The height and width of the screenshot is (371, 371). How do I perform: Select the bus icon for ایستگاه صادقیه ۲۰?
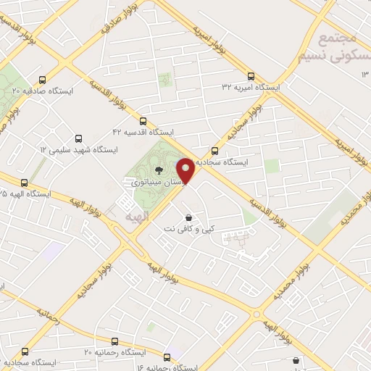pos(43,80)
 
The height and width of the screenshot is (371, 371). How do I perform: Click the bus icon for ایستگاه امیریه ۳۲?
pos(251,76)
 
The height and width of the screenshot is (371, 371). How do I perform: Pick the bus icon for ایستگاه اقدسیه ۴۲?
pos(143,122)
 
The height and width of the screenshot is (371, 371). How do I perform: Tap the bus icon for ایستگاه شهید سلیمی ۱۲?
pos(78,138)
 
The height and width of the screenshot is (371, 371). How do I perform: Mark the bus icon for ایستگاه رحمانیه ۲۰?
pos(114,341)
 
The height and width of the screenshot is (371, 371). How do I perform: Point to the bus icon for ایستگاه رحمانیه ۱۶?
pos(167,357)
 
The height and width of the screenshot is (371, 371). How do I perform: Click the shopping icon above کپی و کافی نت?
pos(189,217)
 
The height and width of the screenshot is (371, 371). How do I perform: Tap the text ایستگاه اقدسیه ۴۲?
pos(143,133)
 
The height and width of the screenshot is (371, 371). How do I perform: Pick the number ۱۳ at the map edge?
pos(365,86)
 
